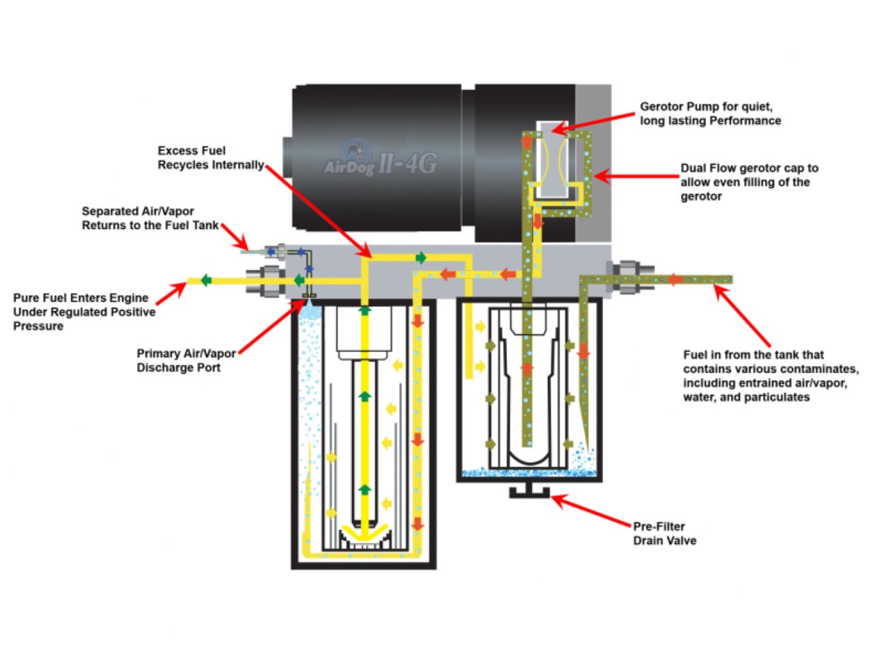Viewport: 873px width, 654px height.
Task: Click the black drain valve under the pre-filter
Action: pyautogui.click(x=529, y=491)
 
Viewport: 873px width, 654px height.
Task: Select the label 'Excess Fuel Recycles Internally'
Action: pyautogui.click(x=210, y=158)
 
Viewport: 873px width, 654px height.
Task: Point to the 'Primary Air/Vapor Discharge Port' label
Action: pyautogui.click(x=186, y=360)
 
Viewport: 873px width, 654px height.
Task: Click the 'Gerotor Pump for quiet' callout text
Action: pyautogui.click(x=709, y=113)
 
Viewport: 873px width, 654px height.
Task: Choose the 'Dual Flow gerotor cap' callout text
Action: pyautogui.click(x=749, y=182)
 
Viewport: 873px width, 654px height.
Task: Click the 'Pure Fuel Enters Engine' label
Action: pyautogui.click(x=84, y=312)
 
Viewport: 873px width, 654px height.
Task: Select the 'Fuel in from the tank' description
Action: pyautogui.click(x=770, y=375)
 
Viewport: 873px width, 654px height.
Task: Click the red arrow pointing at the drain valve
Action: pyautogui.click(x=592, y=511)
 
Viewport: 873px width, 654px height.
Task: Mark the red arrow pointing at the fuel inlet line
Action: pyautogui.click(x=743, y=317)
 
